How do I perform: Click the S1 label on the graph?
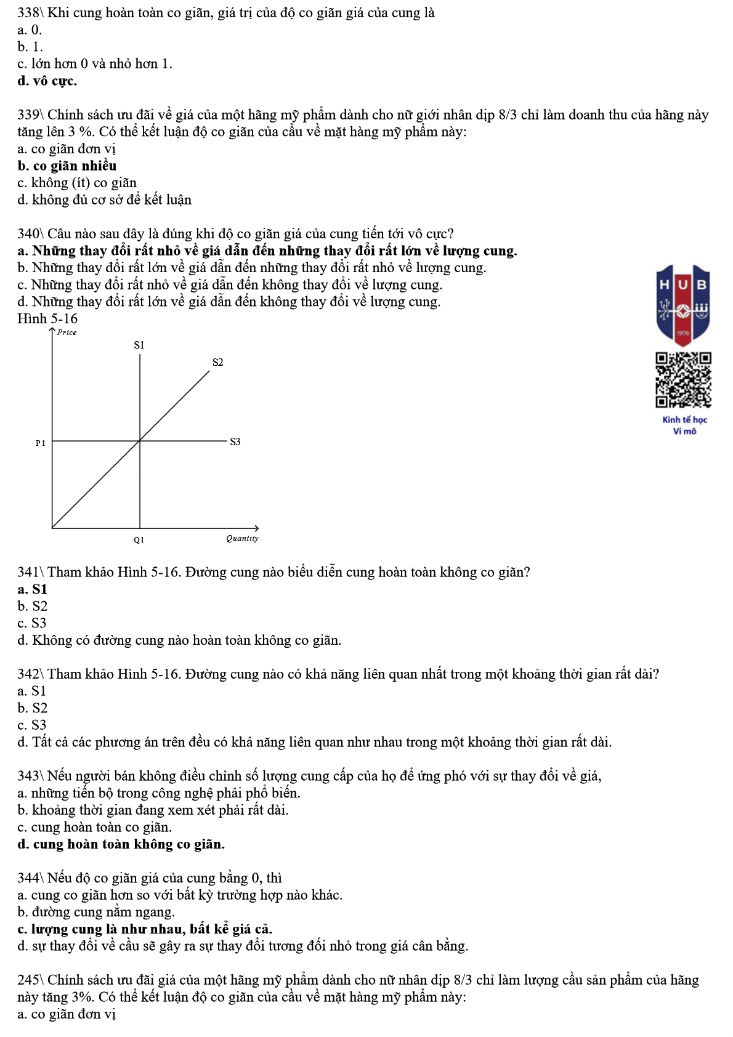(139, 345)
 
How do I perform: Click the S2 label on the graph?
(217, 362)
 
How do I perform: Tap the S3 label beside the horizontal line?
(235, 442)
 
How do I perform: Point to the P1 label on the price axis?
(41, 443)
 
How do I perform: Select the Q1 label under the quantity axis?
(139, 539)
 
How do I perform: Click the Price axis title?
(67, 333)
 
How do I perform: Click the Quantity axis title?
(242, 538)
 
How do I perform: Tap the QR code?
(683, 380)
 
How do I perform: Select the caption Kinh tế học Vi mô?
(684, 426)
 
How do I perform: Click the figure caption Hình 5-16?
(47, 319)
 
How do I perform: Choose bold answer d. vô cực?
(47, 81)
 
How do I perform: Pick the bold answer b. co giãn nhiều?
(67, 166)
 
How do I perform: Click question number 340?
(28, 234)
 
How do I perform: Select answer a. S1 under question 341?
(33, 589)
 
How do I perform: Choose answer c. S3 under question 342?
(32, 725)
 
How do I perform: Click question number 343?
(28, 776)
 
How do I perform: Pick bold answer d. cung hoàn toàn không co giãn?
(121, 844)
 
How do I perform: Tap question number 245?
(28, 980)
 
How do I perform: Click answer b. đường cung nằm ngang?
(96, 912)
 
